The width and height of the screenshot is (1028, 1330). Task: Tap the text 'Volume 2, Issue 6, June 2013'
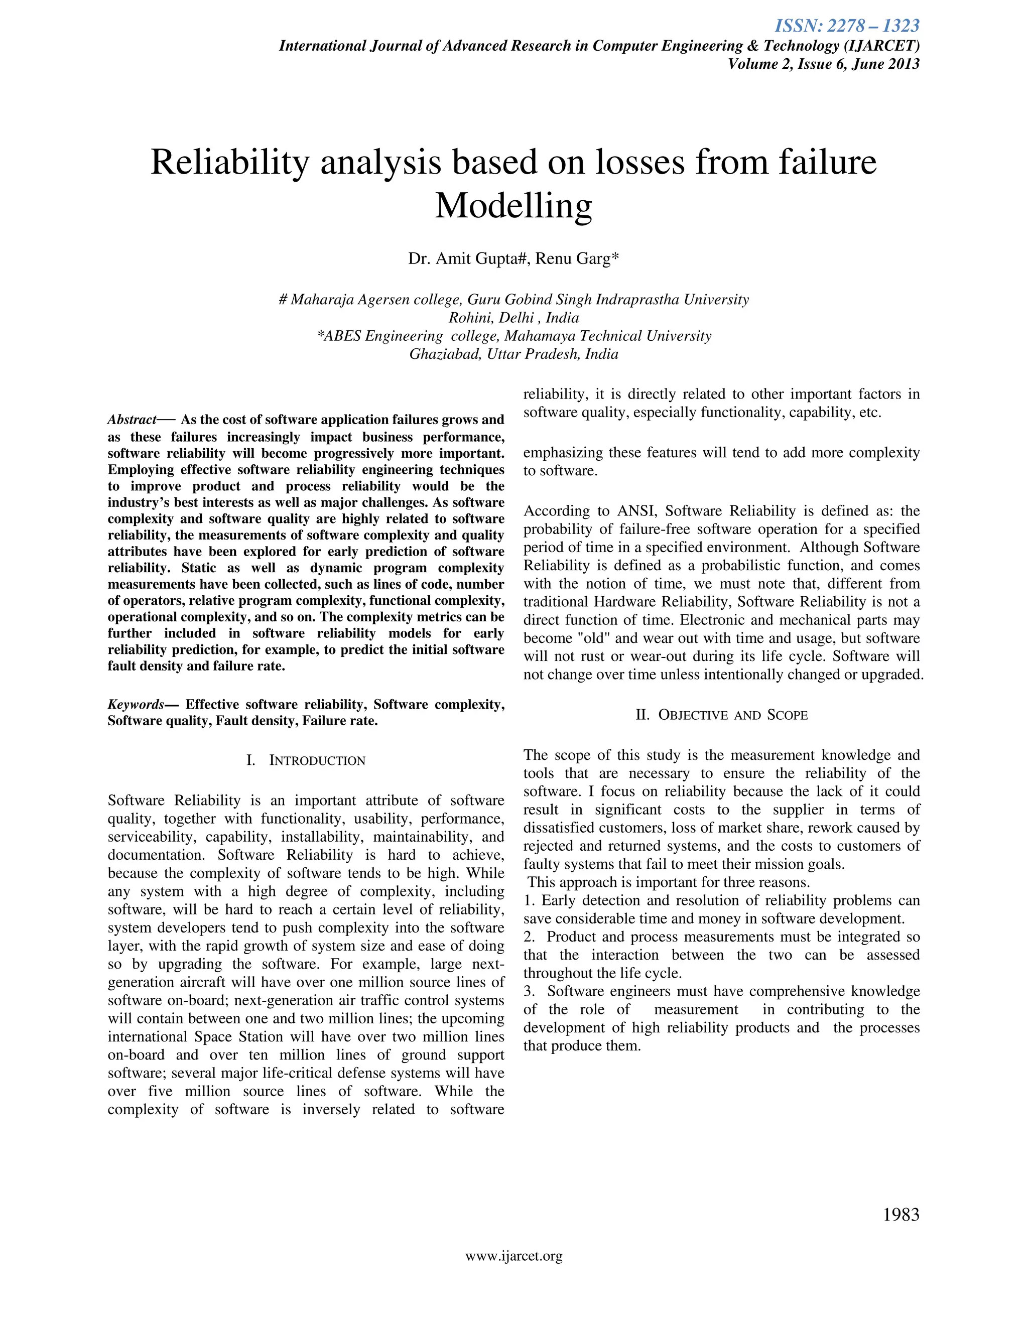tap(823, 64)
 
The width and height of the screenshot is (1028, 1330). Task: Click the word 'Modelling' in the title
tap(513, 206)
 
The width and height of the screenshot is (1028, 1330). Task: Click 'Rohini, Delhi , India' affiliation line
tap(513, 318)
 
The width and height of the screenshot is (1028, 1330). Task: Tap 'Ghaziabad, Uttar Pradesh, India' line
tap(513, 354)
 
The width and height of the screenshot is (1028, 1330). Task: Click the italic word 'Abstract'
tap(132, 420)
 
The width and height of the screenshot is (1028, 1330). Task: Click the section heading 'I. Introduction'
tap(306, 760)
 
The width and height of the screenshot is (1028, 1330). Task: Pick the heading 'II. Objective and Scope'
tap(721, 715)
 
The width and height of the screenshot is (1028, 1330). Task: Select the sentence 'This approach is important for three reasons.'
tap(668, 882)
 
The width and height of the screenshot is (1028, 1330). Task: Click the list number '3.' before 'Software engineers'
tap(529, 991)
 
